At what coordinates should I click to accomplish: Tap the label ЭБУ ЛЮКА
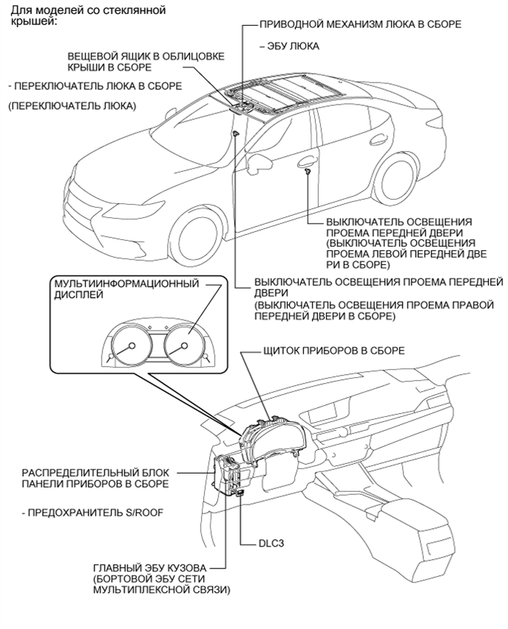289,46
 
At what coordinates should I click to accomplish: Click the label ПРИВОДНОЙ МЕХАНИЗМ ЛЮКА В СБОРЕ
360,24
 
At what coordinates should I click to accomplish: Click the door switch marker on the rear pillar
307,172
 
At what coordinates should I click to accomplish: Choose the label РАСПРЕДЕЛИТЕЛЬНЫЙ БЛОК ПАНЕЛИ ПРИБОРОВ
94,477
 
